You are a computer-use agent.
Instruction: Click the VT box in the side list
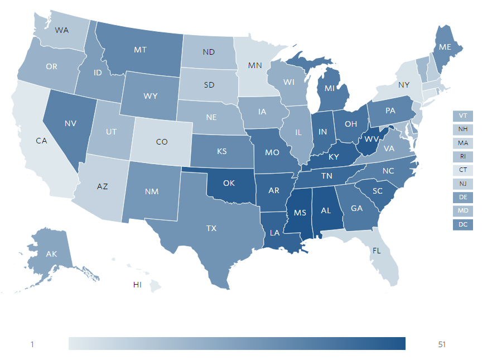462,116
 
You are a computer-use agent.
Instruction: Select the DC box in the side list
462,225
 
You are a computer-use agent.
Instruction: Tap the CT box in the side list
462,170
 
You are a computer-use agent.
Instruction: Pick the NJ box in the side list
462,184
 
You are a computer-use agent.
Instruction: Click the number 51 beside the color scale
442,344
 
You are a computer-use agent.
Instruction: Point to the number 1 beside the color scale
32,344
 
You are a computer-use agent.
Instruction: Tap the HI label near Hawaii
137,285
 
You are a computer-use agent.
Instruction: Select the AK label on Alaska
51,254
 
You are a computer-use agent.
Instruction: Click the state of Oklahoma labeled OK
229,183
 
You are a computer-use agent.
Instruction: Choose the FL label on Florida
377,251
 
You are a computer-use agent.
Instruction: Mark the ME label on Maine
445,47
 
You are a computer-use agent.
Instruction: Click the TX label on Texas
211,228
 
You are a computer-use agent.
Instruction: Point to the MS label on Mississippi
300,212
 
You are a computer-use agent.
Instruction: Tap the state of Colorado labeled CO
162,142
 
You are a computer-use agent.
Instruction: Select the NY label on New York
404,85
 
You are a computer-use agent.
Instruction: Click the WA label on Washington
62,30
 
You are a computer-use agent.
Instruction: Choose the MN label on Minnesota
255,65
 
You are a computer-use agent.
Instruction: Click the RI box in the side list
462,157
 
